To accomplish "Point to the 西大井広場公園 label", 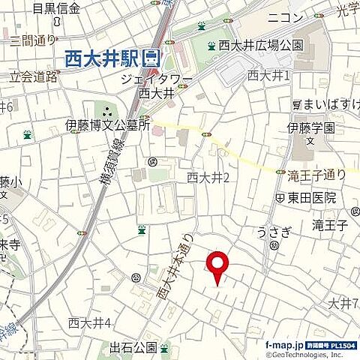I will pyautogui.click(x=261, y=45).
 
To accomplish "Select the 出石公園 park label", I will pyautogui.click(x=133, y=347).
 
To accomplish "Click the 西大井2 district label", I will pyautogui.click(x=207, y=177).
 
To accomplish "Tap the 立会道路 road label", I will pyautogui.click(x=34, y=76).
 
